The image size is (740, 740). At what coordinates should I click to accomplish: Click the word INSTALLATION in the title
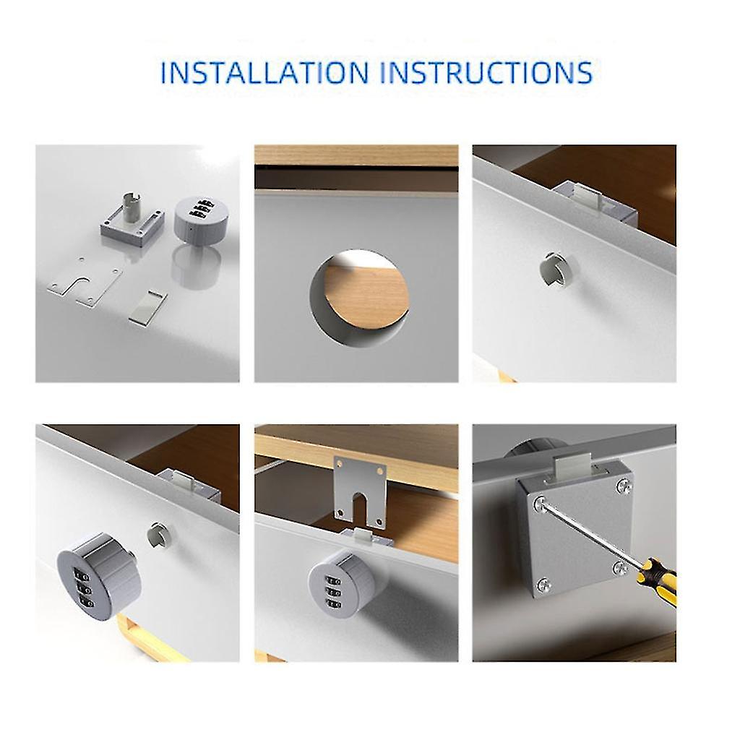click(x=264, y=73)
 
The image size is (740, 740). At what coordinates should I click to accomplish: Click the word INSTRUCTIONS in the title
click(x=486, y=73)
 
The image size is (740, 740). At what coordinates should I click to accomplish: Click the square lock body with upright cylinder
click(x=133, y=220)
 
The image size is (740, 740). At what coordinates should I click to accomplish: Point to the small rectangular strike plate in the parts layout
click(x=147, y=307)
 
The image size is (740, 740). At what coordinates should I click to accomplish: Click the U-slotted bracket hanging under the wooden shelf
click(x=360, y=491)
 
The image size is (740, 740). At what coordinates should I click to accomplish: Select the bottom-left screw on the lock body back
click(x=544, y=585)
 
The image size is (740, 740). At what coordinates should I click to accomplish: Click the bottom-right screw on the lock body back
click(x=619, y=568)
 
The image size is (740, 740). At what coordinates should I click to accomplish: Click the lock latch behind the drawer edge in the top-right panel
click(x=594, y=203)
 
